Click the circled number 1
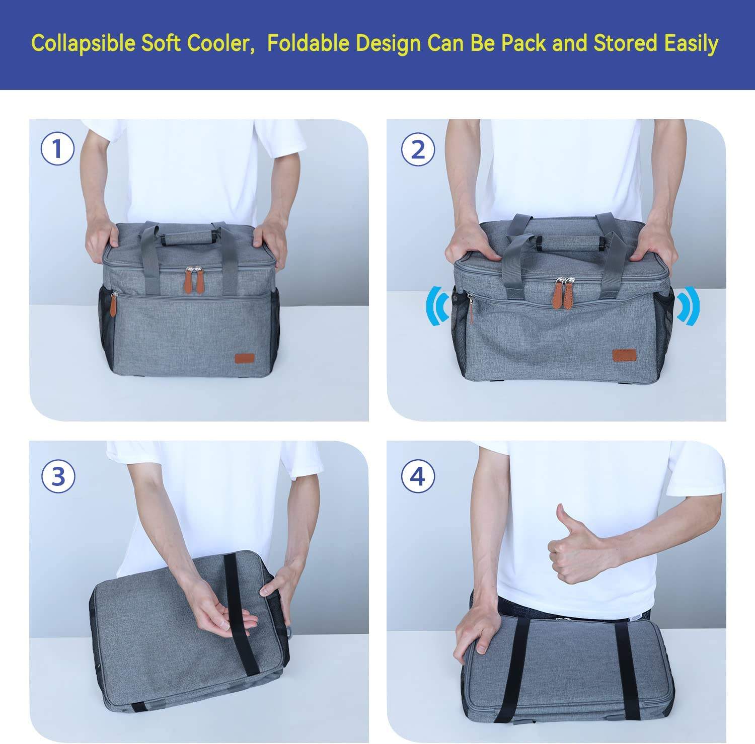pos(57,149)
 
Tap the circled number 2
pos(418,149)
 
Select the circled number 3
pos(58,476)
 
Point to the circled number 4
pos(418,476)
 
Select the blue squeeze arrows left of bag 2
pos(436,305)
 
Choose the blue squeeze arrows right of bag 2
pos(688,304)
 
